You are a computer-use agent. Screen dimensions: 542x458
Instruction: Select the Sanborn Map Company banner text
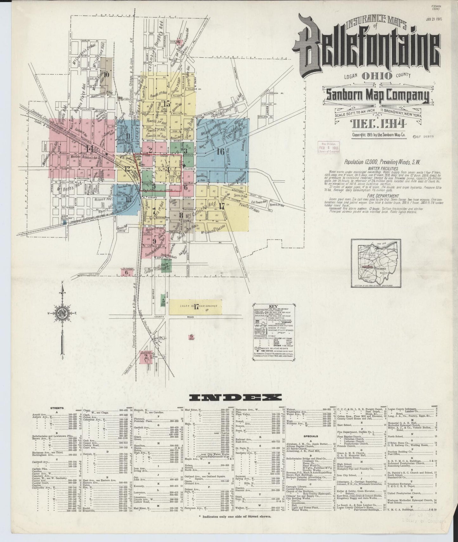377,95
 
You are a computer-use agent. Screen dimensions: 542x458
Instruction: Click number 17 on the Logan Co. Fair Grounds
196,306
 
